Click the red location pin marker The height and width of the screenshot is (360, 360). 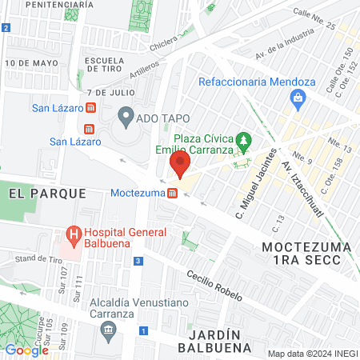coord(179,166)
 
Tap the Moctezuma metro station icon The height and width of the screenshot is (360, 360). coord(173,193)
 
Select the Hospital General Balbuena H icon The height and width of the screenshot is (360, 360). coord(74,236)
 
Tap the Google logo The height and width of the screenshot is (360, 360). coord(26,350)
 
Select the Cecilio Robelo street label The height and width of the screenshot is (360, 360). coord(214,284)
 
